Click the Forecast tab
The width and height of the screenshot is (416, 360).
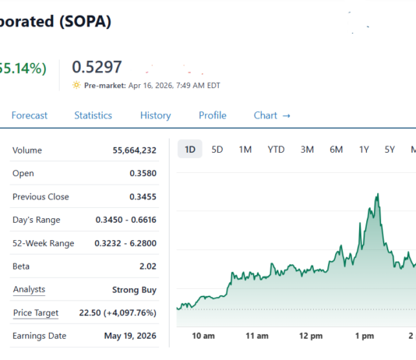coord(29,115)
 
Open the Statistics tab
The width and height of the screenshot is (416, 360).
coord(93,115)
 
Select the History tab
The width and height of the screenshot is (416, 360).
coord(155,115)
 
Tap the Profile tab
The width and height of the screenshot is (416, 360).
coord(212,115)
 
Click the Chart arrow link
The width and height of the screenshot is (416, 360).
coord(272,115)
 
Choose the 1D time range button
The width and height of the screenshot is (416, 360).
coord(190,150)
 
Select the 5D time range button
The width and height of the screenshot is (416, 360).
coord(218,150)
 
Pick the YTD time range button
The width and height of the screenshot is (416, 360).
coord(276,150)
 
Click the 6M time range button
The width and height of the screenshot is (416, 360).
coord(337,150)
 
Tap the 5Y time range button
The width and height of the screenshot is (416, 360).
coord(390,150)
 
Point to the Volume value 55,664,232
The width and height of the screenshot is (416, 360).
coord(129,150)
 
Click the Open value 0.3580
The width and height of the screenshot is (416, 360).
coord(143,173)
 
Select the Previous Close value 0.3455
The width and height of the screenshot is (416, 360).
coord(143,196)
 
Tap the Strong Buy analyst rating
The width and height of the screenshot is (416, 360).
coord(134,290)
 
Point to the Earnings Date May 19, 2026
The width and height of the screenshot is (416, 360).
coord(130,337)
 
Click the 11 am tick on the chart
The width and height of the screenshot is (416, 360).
coord(256,336)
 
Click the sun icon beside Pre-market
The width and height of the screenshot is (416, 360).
coord(76,85)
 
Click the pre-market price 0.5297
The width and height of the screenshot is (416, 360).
coord(97,68)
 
